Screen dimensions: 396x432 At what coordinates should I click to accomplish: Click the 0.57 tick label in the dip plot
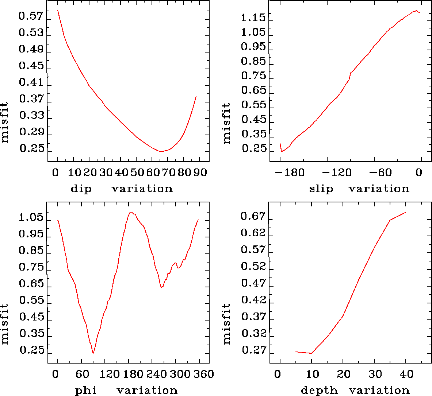(x=31, y=17)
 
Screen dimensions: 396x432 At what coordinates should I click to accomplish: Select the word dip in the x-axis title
(x=81, y=189)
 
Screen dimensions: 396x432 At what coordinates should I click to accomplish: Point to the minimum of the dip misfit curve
(x=161, y=151)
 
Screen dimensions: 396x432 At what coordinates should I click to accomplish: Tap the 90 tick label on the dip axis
(x=200, y=172)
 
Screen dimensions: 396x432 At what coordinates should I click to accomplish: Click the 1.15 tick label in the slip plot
(x=253, y=18)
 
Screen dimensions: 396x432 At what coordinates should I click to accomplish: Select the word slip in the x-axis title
(x=321, y=189)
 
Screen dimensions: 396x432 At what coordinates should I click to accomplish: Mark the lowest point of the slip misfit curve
(x=282, y=151)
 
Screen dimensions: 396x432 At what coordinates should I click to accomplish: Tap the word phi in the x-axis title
(x=86, y=391)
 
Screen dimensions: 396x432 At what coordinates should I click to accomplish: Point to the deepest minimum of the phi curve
(x=93, y=353)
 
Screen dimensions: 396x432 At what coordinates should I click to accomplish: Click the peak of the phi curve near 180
(x=130, y=212)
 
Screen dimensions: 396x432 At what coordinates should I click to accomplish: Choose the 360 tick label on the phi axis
(x=204, y=374)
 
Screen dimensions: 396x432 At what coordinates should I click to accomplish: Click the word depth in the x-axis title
(x=319, y=391)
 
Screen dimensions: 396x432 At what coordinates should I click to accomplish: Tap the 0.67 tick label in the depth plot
(x=253, y=217)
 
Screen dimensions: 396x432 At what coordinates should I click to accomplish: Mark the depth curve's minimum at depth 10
(x=311, y=353)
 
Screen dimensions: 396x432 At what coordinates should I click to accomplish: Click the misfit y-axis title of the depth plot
(x=227, y=324)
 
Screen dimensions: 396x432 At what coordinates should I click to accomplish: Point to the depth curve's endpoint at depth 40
(x=406, y=212)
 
